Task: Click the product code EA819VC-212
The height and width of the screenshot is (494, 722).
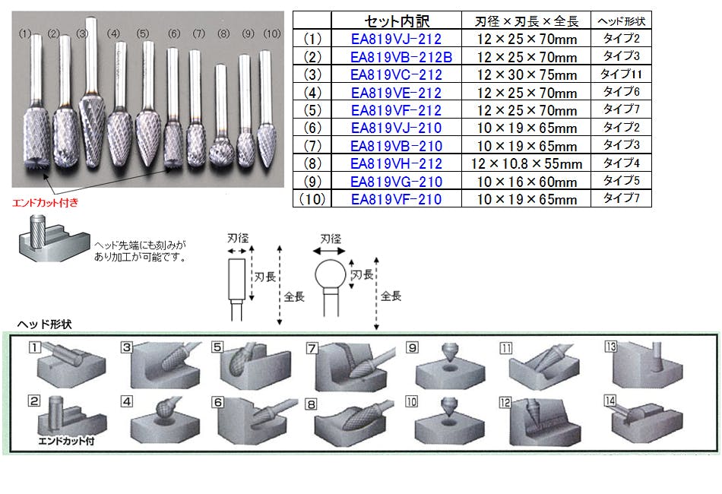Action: click(396, 74)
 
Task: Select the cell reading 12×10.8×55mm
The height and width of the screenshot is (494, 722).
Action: click(527, 163)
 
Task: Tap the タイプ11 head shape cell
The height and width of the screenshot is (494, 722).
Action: click(621, 74)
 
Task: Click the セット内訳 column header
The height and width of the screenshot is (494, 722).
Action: click(397, 21)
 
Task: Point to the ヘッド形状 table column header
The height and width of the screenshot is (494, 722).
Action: click(621, 21)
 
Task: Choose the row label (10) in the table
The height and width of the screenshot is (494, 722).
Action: click(312, 199)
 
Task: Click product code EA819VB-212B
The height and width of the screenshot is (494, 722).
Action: click(401, 57)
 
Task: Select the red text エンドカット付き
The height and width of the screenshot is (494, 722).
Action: click(45, 203)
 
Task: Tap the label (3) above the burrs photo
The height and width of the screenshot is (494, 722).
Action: click(82, 33)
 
